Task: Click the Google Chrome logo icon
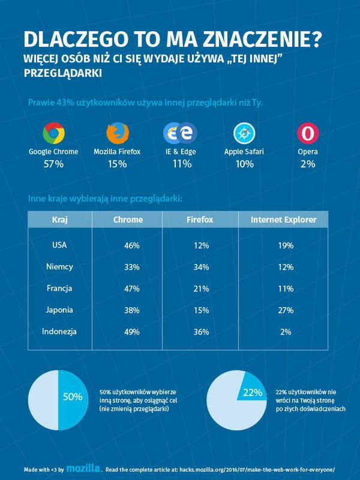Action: pos(53,133)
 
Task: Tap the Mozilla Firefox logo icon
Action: pos(117,133)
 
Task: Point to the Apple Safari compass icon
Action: pos(244,133)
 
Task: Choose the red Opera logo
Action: pos(308,133)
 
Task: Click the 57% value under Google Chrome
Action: pos(53,163)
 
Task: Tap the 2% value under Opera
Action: pos(308,163)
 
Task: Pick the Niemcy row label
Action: pos(59,266)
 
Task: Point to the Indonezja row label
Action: pos(59,331)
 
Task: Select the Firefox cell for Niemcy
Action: pos(201,266)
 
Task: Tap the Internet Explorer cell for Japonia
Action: pos(285,310)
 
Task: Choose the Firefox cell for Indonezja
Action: pos(201,331)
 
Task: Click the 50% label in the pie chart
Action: pos(72,397)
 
